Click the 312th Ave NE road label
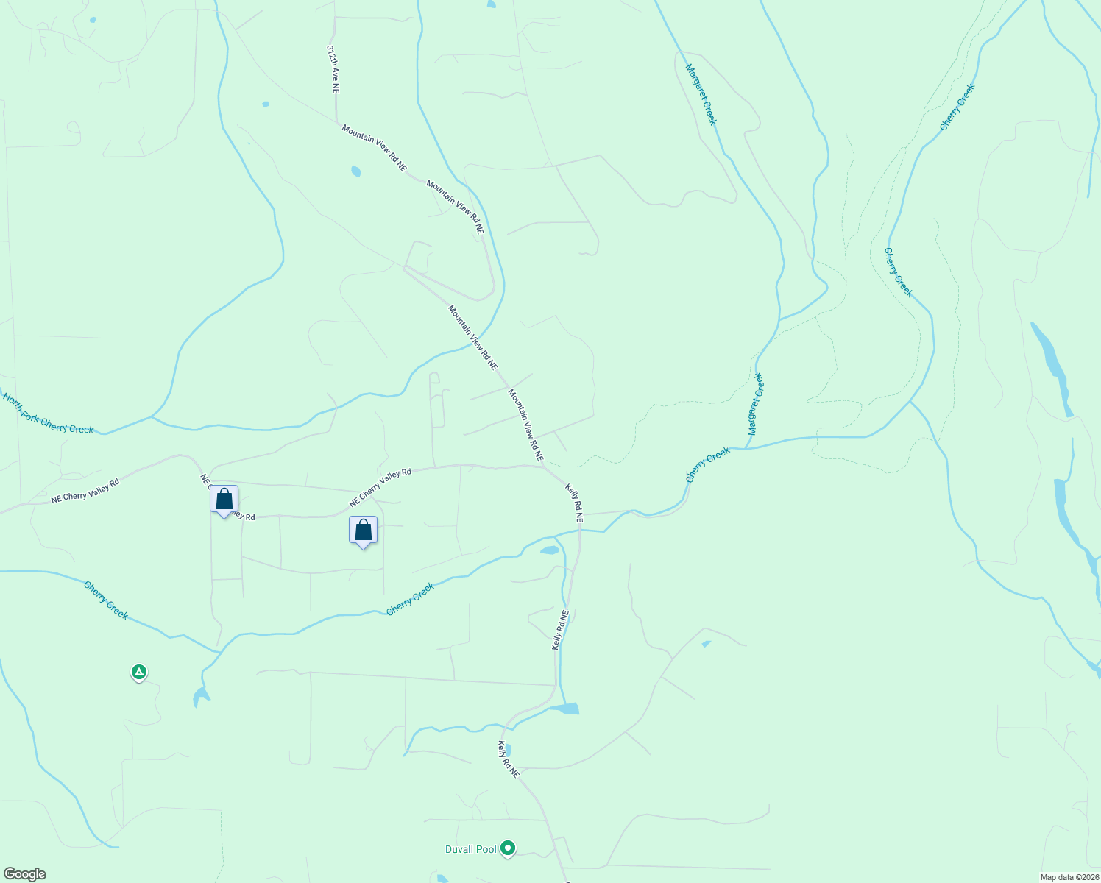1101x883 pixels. click(334, 68)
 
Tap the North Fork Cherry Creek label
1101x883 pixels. click(48, 414)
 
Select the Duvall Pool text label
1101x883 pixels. click(471, 849)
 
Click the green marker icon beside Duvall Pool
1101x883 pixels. click(507, 848)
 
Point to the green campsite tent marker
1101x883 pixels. click(138, 672)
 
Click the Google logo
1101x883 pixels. click(24, 874)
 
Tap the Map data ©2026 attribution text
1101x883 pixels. click(1068, 877)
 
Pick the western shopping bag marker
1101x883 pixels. click(224, 500)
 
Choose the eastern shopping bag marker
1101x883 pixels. click(363, 530)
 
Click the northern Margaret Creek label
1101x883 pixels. click(701, 94)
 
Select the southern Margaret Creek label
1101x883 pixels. click(756, 403)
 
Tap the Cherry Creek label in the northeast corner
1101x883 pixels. click(957, 107)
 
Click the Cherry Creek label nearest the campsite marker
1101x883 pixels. click(106, 600)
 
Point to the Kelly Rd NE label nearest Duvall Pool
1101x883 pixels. click(509, 759)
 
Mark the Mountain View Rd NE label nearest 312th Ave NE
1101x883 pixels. click(374, 148)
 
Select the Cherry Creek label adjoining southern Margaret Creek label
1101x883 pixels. click(708, 465)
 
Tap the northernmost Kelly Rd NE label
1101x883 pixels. click(575, 503)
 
